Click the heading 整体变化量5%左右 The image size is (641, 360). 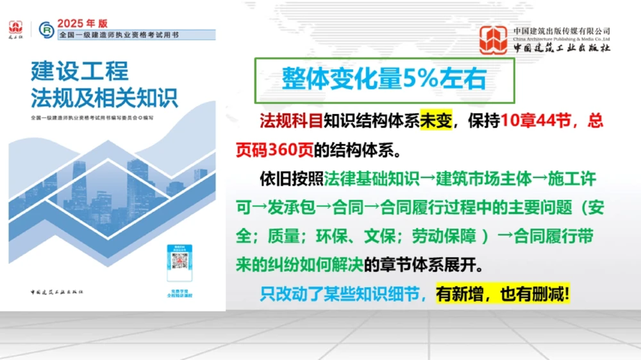click(383, 79)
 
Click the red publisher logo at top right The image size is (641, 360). click(494, 40)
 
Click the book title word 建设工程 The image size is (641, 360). click(79, 70)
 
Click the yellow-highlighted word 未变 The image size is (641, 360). click(437, 121)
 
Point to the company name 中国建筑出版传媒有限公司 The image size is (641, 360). click(562, 31)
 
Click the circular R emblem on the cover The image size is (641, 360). click(46, 29)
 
